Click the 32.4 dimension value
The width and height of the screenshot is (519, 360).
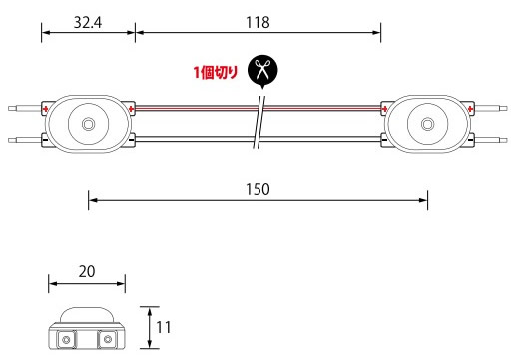[x=88, y=23]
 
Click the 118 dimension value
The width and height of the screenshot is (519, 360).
[x=258, y=23]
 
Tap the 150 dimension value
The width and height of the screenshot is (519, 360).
[x=258, y=189]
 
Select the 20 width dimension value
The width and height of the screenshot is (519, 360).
[x=87, y=272]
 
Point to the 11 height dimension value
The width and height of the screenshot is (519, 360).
[x=164, y=328]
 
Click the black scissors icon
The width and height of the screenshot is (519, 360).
[x=262, y=71]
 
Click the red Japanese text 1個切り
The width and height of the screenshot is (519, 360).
[x=216, y=72]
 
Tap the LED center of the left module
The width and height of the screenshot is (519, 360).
[x=88, y=124]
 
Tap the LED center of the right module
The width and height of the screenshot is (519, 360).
[x=428, y=124]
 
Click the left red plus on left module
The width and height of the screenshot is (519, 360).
[x=46, y=109]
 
